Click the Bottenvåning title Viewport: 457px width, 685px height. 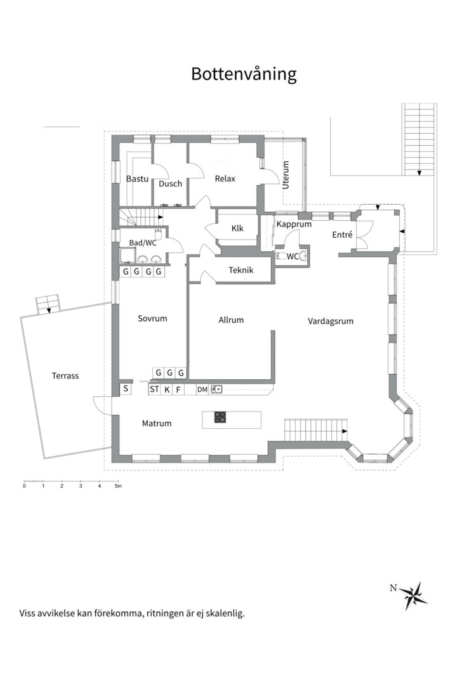(244, 74)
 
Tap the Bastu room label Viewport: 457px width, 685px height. (137, 179)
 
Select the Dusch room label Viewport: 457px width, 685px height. (170, 184)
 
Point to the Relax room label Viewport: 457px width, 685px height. (225, 179)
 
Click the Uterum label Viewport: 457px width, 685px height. (286, 175)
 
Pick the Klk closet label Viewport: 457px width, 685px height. (237, 228)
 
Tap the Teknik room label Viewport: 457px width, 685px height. (241, 270)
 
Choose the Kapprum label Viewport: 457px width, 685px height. (294, 225)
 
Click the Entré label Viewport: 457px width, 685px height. (342, 235)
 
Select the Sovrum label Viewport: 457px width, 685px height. (152, 318)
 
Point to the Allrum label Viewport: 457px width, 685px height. (231, 320)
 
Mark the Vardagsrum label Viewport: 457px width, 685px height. (331, 322)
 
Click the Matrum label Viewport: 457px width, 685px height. (157, 423)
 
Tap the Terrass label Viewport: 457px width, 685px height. (65, 375)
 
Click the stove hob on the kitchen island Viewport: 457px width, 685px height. (220, 417)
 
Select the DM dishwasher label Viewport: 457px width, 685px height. (202, 389)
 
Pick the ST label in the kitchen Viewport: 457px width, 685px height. (154, 389)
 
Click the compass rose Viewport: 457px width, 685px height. (413, 595)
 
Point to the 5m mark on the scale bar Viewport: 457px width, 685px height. (118, 486)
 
